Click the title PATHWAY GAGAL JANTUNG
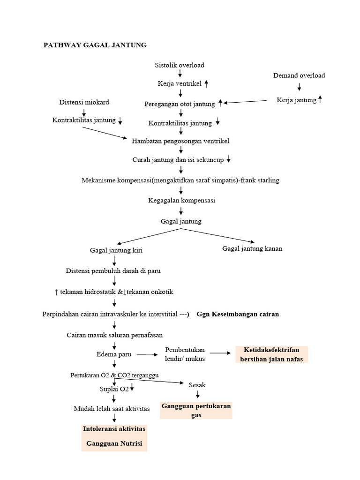pos(95,45)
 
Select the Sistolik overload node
pos(180,65)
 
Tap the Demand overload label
pos(299,75)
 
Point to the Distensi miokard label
pos(84,102)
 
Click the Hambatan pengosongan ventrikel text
pos(180,141)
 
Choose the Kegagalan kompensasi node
pos(180,200)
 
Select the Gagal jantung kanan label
pos(252,248)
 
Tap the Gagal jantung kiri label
pos(116,250)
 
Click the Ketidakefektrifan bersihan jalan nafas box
pos(271,354)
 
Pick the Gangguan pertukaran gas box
pos(196,410)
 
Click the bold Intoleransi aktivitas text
pos(114,429)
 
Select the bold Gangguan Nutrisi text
pos(114,443)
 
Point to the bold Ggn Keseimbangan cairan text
pos(238,314)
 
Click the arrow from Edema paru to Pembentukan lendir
pos(147,355)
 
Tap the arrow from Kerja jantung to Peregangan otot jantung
pos(247,102)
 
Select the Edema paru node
pos(114,354)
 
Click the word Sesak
pos(197,385)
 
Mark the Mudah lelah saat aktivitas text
pos(112,409)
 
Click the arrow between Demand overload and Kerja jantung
pos(299,87)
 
